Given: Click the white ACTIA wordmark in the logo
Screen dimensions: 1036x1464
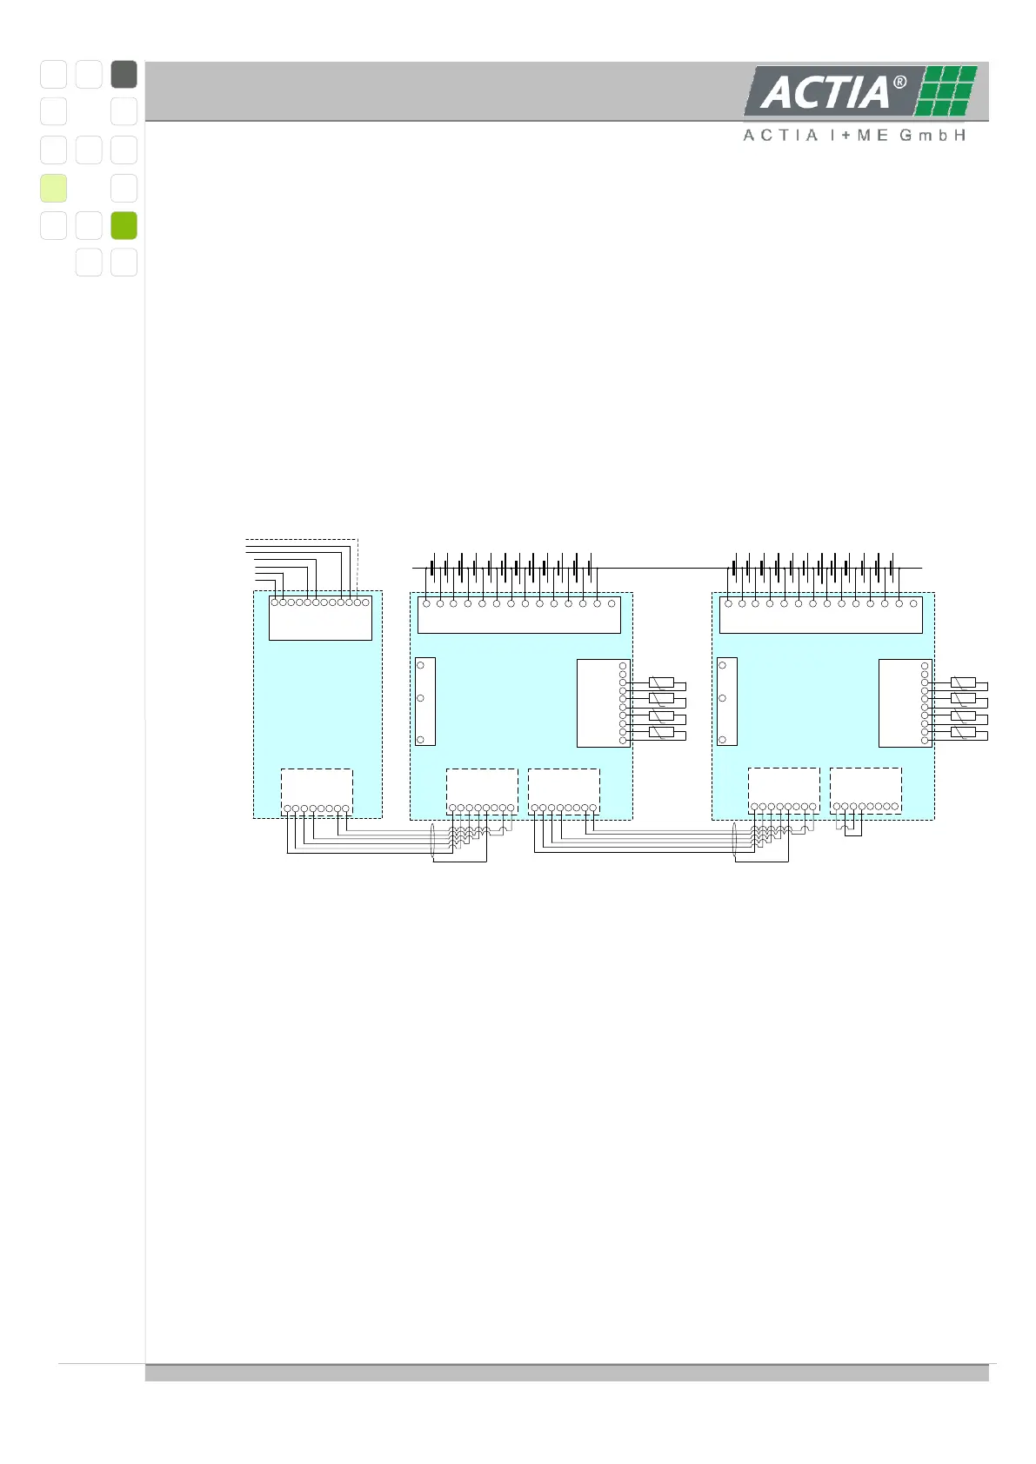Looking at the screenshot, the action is coord(825,92).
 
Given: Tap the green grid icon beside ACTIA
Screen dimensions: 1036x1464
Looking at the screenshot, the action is coord(946,90).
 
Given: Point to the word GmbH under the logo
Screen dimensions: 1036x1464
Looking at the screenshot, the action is coord(932,136).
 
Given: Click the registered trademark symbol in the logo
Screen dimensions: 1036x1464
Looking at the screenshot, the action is coord(900,83).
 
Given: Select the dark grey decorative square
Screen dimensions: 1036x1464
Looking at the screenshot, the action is coord(124,74).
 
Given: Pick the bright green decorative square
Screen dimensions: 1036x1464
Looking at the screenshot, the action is coord(124,225).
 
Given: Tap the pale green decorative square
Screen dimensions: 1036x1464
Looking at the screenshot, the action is coord(53,188).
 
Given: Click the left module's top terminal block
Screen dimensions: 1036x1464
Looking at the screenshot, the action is coord(320,618).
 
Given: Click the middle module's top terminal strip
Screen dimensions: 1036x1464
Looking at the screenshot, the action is coord(518,615).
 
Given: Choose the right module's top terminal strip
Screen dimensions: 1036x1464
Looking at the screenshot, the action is coord(820,615).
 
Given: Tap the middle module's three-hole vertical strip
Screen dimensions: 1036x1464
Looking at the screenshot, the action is coord(424,702).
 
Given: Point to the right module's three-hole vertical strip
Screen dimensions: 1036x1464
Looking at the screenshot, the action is coord(726,702).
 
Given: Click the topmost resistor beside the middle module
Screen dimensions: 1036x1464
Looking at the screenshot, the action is coord(661,682).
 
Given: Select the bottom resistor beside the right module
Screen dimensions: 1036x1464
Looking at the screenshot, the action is coord(963,732).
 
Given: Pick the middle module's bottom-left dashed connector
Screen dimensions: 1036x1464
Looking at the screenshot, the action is coord(482,790).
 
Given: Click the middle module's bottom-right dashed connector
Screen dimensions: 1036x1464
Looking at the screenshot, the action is coord(564,790).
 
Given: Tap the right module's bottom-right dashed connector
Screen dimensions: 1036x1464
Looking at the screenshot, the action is coord(866,789).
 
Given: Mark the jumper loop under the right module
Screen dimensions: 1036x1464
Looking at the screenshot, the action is coord(853,828).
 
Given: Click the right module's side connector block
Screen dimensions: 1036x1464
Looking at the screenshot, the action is coord(905,702).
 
